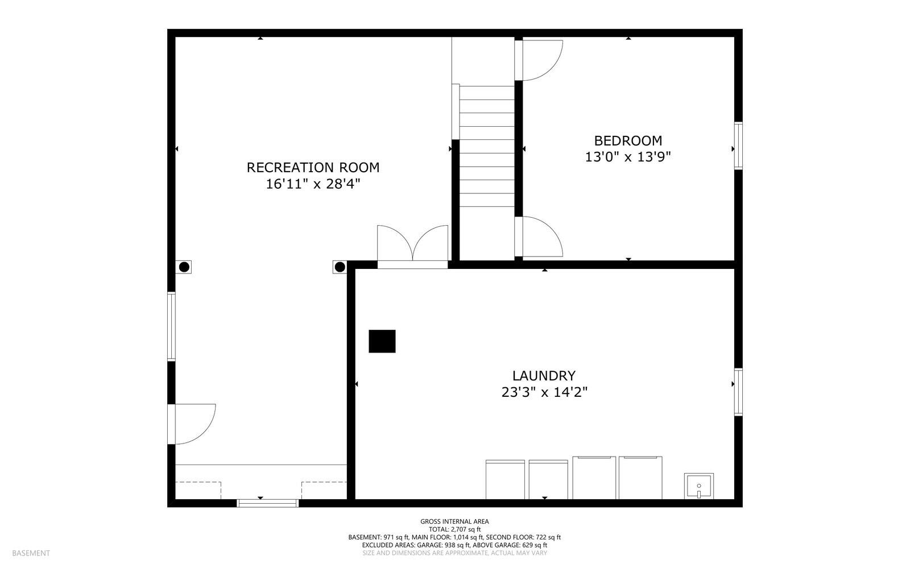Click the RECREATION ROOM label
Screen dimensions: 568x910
tap(313, 168)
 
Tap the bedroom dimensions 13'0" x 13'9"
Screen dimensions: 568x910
tap(628, 157)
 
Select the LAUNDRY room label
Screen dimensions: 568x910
tap(544, 376)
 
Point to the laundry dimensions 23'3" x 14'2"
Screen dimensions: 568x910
tap(544, 392)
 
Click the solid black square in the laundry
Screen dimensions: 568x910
tap(382, 341)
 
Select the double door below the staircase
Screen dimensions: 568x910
tap(412, 246)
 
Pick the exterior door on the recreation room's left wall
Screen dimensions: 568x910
tap(192, 424)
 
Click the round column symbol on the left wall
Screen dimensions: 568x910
tap(184, 267)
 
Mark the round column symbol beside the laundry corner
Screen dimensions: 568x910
tap(340, 267)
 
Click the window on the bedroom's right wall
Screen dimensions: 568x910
tap(738, 146)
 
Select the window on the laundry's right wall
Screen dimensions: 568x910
tap(738, 392)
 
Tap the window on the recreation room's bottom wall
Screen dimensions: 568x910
tap(267, 503)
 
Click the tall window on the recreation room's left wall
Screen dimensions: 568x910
tap(171, 326)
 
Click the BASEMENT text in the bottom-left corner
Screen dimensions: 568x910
tap(31, 553)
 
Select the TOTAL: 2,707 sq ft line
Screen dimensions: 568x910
tap(454, 529)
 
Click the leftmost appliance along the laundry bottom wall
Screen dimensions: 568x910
tap(504, 479)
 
